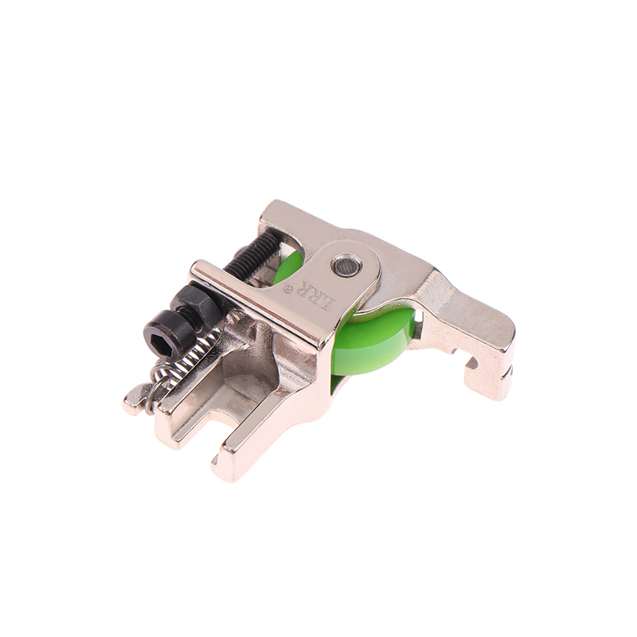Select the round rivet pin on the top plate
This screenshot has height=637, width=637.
346,265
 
